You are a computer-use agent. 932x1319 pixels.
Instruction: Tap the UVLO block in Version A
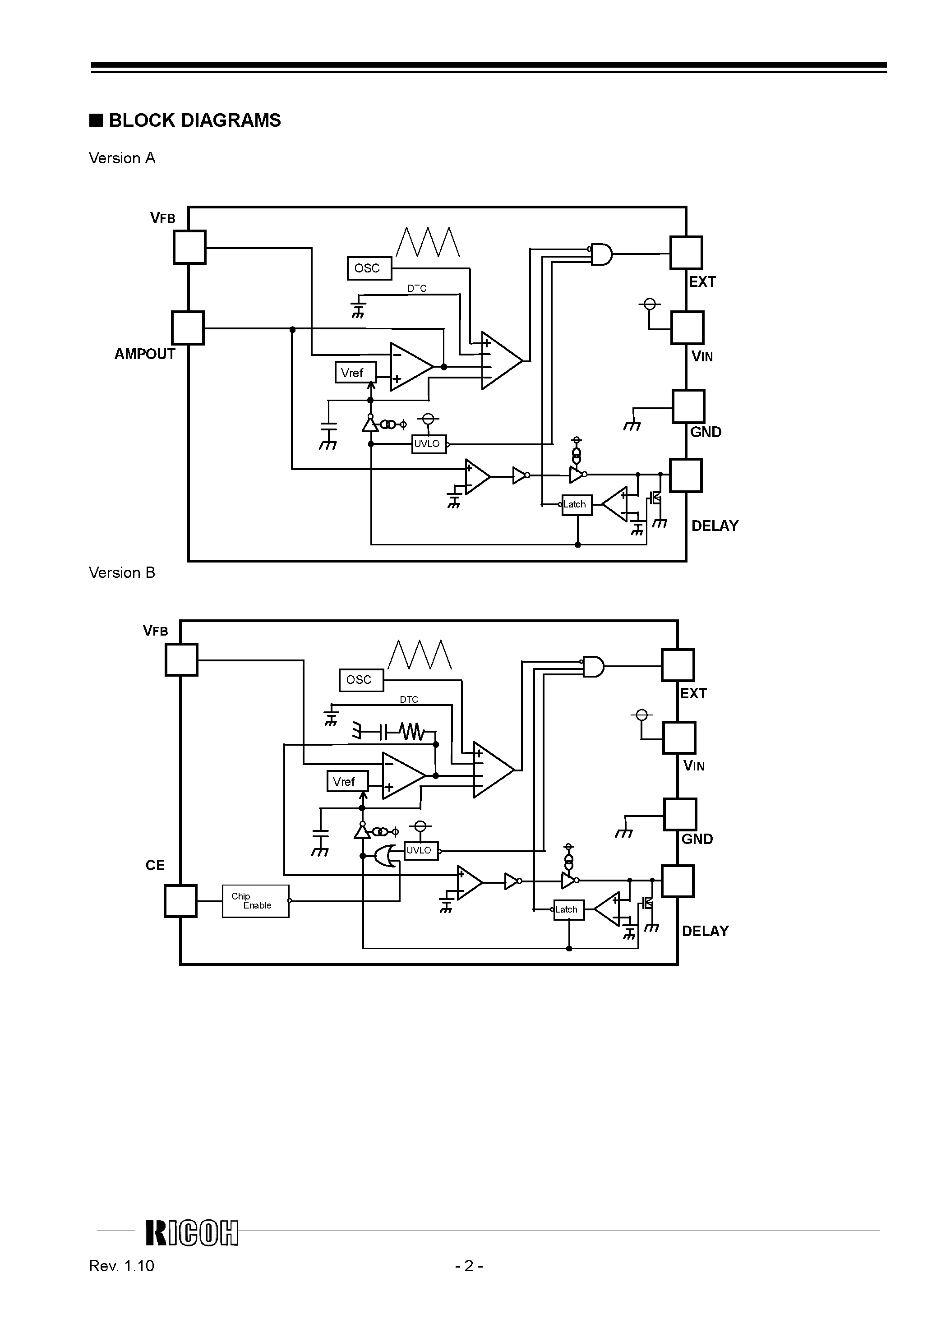pos(429,444)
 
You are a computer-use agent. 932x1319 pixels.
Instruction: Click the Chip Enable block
pos(255,901)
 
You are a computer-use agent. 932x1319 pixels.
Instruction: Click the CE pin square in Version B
pos(180,901)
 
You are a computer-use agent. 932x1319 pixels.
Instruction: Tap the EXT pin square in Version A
pos(686,253)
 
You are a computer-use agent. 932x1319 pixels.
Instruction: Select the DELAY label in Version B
pos(705,931)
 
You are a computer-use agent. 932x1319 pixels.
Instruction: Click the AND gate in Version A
pos(601,254)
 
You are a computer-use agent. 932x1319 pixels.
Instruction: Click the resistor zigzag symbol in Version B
pos(413,732)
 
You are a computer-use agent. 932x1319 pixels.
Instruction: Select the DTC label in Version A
pos(417,288)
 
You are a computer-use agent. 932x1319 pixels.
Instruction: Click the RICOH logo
pos(191,1233)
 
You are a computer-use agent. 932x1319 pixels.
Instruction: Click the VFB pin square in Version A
pos(189,247)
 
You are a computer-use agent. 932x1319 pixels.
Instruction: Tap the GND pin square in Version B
pos(680,814)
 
